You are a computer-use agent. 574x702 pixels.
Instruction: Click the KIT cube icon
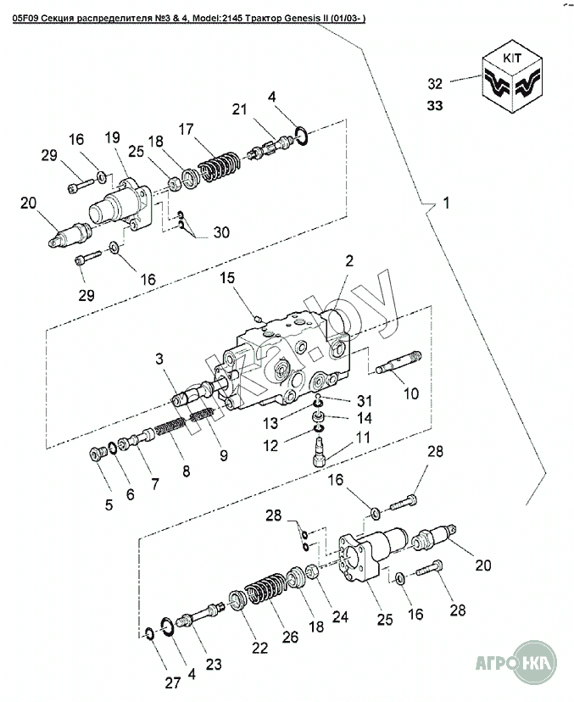512,81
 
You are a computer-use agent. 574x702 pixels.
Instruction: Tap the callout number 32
436,83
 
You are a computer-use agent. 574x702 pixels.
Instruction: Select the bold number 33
436,106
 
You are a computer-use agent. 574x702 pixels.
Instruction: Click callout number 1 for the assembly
446,203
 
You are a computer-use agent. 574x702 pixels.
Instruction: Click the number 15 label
227,278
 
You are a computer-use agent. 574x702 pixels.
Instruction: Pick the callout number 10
410,393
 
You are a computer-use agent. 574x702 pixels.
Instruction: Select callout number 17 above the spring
187,129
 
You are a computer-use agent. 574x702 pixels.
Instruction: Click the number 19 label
112,139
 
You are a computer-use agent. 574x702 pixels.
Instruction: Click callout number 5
109,506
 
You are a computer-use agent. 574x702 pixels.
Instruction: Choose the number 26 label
289,637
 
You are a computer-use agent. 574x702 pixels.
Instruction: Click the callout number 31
364,401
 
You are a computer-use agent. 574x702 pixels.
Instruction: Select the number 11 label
363,438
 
